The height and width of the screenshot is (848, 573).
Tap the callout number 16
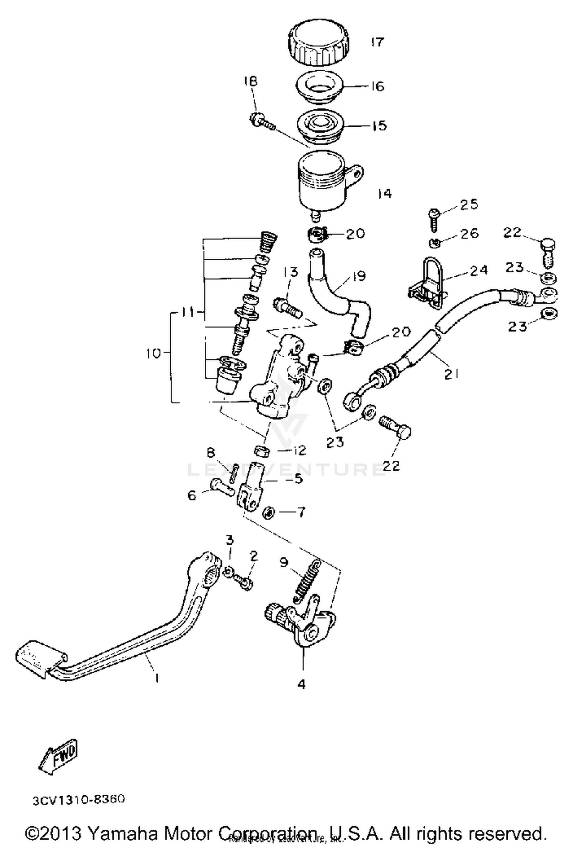click(377, 86)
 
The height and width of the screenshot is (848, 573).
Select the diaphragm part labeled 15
click(321, 127)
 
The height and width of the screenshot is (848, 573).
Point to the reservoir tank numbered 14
click(323, 184)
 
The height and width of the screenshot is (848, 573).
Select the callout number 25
click(469, 205)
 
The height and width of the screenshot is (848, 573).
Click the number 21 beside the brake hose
click(451, 374)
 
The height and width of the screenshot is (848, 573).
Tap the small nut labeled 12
click(262, 451)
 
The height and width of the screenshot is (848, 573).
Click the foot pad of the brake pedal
click(40, 657)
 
